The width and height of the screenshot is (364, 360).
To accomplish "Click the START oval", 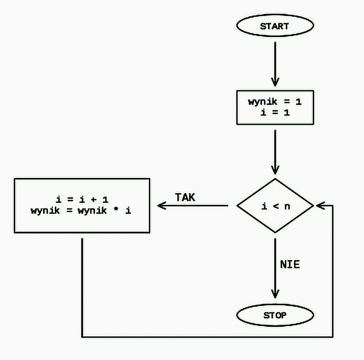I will point(275,26).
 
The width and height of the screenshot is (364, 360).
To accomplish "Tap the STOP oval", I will point(275,315).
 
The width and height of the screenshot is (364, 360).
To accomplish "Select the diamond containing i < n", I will point(275,206).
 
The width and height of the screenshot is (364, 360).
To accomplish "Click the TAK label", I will point(185,197).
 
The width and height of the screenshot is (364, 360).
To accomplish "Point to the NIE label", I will point(290,264).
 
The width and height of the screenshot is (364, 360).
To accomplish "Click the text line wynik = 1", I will point(275,102).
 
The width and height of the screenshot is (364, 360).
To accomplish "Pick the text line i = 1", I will point(275,113).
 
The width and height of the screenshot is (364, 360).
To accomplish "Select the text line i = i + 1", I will point(82,200).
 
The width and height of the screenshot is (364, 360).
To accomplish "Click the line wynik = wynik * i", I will point(81,210).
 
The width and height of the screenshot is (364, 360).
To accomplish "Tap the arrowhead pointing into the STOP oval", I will point(275,294).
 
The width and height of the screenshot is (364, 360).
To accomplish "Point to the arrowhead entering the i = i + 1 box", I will point(162,206).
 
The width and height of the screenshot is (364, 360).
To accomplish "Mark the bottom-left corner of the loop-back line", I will point(82,337).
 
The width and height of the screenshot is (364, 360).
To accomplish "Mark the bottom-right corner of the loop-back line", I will point(333,337).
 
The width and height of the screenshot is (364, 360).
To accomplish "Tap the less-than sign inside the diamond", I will point(275,206).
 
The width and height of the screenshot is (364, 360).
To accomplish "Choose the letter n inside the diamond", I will point(286,206).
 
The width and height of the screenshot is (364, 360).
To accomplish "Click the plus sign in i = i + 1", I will point(92,200).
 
